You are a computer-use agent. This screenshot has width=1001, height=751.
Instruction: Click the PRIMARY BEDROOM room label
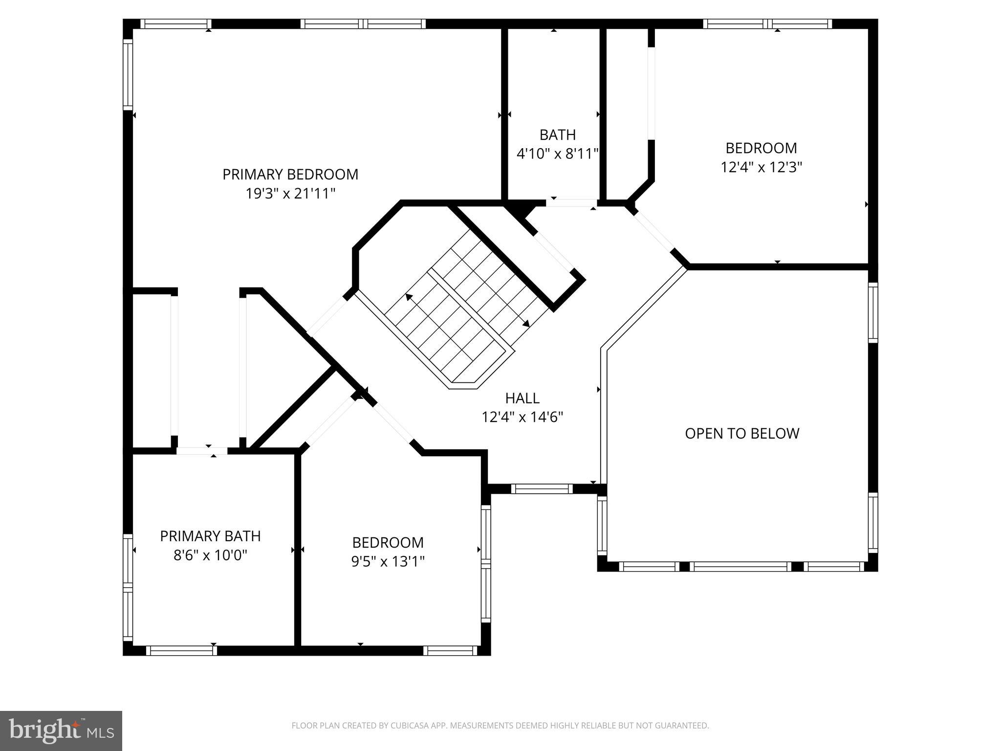(x=290, y=175)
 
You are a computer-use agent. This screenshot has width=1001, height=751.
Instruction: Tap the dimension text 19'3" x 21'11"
(x=290, y=194)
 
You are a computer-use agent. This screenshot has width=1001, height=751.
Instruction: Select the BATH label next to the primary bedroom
(x=557, y=135)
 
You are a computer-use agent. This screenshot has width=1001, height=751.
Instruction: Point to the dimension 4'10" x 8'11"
(x=557, y=155)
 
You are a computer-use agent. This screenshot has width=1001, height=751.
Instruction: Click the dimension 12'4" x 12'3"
(x=761, y=168)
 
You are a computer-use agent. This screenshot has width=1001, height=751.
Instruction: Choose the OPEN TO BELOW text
(x=741, y=434)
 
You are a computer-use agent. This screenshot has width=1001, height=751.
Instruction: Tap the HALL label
(x=522, y=398)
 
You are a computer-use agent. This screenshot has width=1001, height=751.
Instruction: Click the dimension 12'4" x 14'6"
(x=522, y=418)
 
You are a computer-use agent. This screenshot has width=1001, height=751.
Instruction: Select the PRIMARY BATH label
(x=210, y=536)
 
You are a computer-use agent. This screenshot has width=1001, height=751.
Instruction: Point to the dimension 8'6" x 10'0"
(x=210, y=555)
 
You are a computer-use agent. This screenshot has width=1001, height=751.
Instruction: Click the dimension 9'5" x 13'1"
(x=388, y=562)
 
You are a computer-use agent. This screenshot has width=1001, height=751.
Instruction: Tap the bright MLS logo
(x=61, y=731)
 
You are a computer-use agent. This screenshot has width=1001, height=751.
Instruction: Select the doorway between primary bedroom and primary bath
(x=202, y=451)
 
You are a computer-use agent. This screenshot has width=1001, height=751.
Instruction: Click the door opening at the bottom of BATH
(x=571, y=202)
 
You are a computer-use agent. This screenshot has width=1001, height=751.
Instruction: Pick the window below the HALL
(x=542, y=488)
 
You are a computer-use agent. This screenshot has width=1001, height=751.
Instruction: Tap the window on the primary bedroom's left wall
(x=128, y=75)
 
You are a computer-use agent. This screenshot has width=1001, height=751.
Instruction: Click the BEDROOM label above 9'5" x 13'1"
(x=388, y=543)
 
